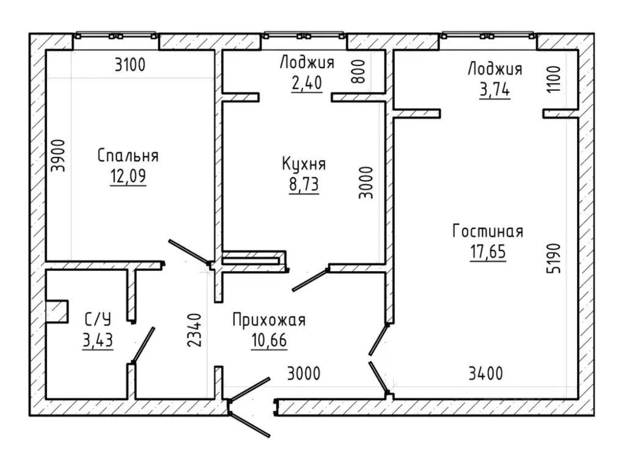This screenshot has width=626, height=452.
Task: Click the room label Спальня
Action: [x=128, y=156]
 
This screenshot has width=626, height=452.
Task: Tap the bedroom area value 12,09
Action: [x=128, y=176]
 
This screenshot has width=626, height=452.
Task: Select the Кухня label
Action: [x=304, y=164]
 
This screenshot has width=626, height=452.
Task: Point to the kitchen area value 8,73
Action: [x=304, y=184]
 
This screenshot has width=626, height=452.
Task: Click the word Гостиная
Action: [x=487, y=231]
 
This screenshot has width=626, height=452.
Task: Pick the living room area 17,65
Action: [x=487, y=252]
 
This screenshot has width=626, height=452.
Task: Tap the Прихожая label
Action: [x=269, y=320]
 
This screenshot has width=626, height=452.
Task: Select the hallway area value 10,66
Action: [x=269, y=340]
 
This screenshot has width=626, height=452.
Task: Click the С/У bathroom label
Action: [x=98, y=319]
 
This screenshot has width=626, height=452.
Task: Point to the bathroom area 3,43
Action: [x=98, y=340]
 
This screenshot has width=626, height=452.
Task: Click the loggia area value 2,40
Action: [x=306, y=83]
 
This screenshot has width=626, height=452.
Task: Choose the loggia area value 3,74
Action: [x=495, y=89]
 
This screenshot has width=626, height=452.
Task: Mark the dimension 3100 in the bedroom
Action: [x=130, y=65]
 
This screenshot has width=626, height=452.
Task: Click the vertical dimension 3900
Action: [x=58, y=156]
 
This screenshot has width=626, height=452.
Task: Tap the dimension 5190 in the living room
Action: [x=554, y=258]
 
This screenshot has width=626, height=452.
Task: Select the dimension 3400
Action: [x=485, y=374]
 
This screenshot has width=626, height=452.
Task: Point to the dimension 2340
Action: [x=195, y=330]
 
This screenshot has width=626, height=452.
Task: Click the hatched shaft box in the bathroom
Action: [x=57, y=311]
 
